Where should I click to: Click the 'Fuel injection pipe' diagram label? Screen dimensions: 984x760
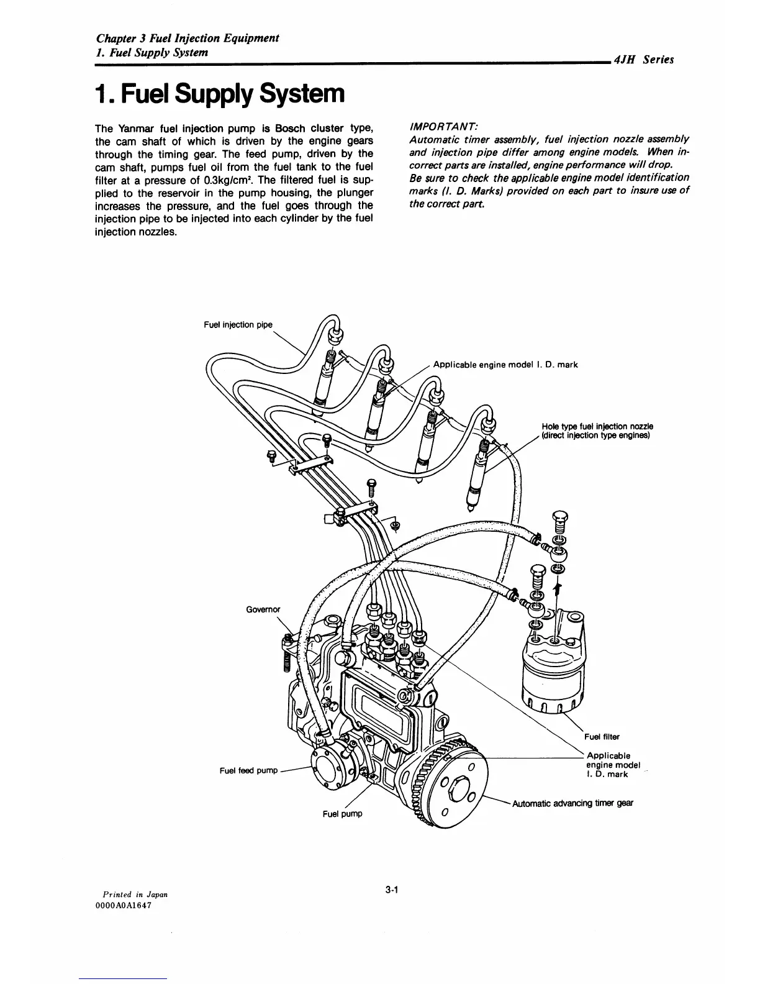coord(238,325)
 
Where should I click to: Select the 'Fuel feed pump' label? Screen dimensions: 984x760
coord(248,771)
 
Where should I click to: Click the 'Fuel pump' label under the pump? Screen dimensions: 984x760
coord(342,814)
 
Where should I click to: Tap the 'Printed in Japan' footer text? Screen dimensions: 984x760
coord(131,894)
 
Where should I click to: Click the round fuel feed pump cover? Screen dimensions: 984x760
coord(327,770)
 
